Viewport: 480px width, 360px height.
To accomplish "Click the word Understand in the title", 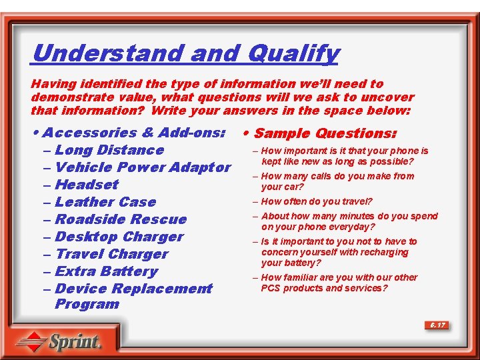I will pos(107,53).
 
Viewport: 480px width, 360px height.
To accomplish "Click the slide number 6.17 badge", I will pos(437,325).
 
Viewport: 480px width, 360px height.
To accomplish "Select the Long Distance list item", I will pos(109,150).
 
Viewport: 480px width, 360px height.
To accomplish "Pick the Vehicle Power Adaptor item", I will pos(143,167).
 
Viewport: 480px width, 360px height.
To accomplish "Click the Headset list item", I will pos(87,185).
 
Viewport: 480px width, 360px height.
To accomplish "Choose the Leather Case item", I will pos(105,202).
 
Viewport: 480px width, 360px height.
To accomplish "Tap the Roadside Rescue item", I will pos(121,219).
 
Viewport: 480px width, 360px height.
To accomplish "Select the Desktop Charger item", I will pos(119,237).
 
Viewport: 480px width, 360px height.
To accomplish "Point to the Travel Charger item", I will pos(111,254).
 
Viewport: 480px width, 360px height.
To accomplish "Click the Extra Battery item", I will pos(107,271).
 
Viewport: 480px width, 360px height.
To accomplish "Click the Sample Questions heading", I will pos(325,133).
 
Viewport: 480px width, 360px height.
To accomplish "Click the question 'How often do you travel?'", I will pos(317,201).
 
